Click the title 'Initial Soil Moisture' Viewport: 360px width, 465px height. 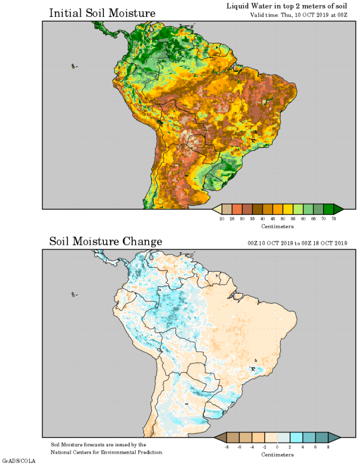102,13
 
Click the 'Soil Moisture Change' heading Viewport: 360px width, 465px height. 105,241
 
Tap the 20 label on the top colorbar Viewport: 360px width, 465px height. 222,218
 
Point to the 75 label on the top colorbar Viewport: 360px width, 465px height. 334,218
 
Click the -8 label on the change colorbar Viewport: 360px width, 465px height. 226,447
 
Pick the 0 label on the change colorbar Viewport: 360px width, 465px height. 277,447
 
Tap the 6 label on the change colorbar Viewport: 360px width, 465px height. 315,447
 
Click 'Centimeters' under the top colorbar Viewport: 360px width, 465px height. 277,226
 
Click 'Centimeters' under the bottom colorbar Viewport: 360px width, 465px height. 277,455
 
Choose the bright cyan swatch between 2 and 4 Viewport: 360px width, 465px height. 296,437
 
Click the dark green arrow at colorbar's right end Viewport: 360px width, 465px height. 338,209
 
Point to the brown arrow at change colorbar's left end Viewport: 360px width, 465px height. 219,437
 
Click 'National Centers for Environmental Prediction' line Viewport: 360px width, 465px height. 107,452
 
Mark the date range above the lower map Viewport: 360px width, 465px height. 297,244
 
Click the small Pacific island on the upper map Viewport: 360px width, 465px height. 74,66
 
